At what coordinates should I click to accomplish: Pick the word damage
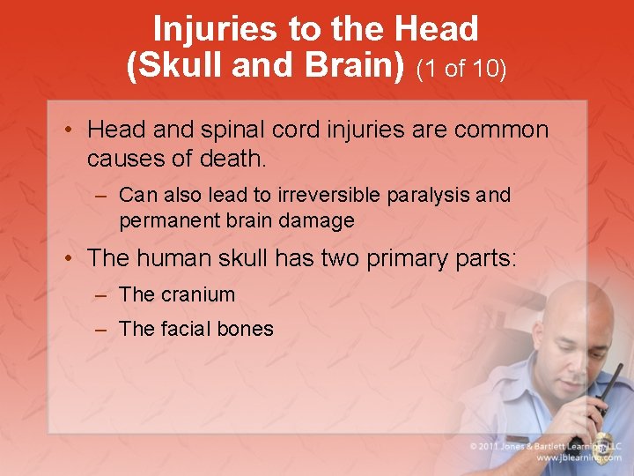click(x=319, y=220)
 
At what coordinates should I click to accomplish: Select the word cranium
click(x=197, y=294)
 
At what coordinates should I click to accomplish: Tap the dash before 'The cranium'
click(x=101, y=295)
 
